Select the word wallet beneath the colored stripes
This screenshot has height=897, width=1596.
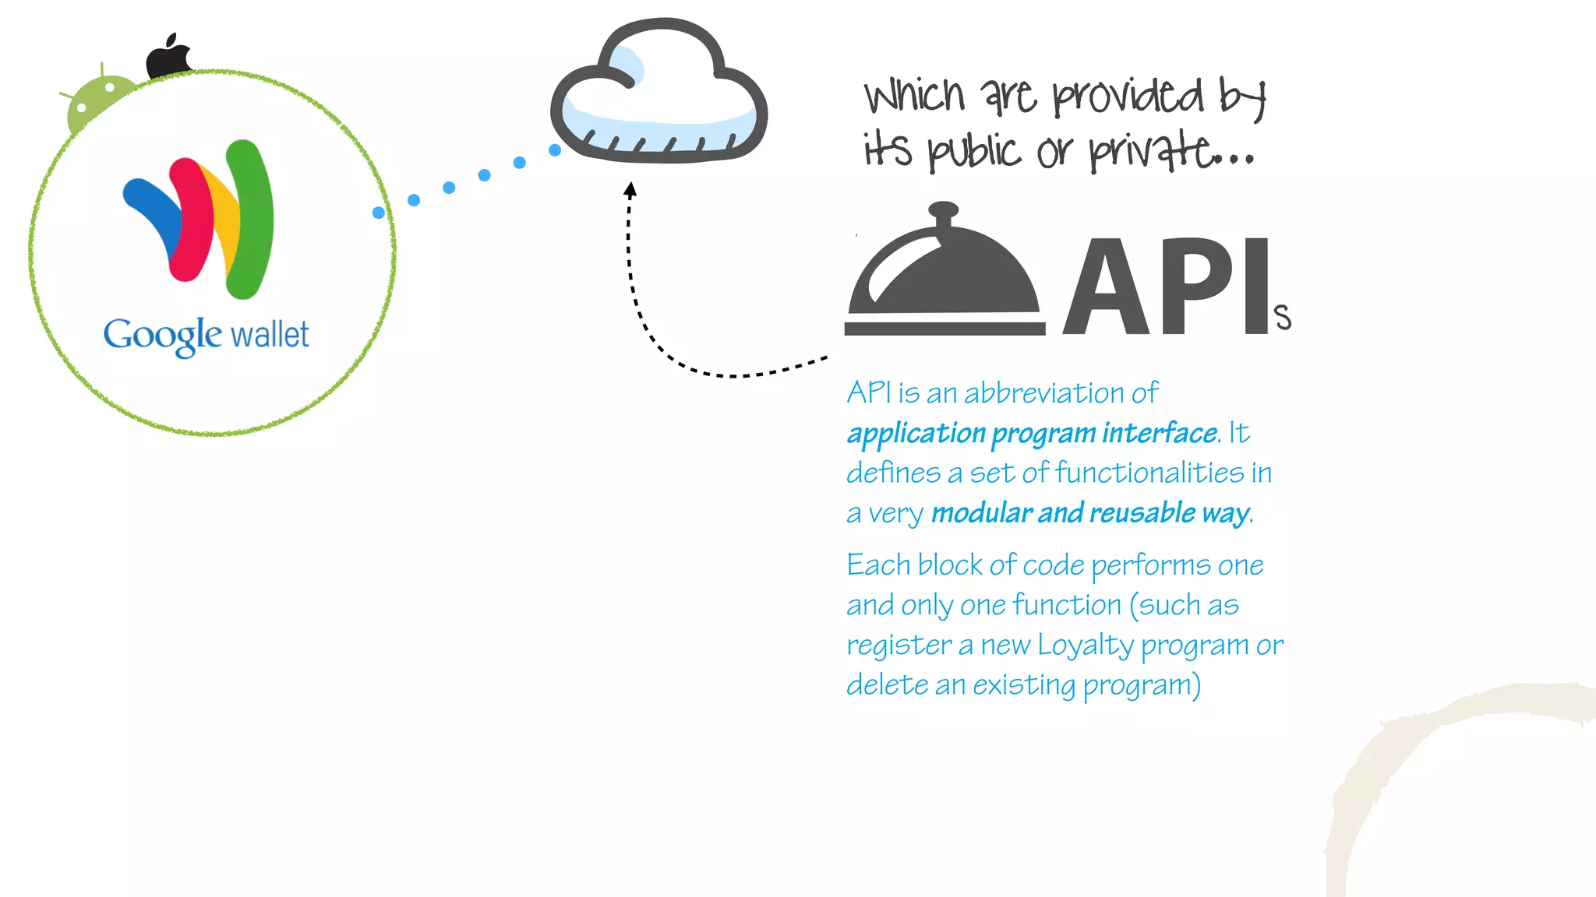coord(270,335)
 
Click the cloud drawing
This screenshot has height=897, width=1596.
coord(659,93)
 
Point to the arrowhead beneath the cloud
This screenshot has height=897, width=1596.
coord(630,189)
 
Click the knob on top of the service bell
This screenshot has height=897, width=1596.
coord(944,210)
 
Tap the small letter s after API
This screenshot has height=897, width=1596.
coord(1283,318)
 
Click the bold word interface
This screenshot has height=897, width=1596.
coord(1159,433)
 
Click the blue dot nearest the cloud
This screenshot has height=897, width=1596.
coord(555,150)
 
